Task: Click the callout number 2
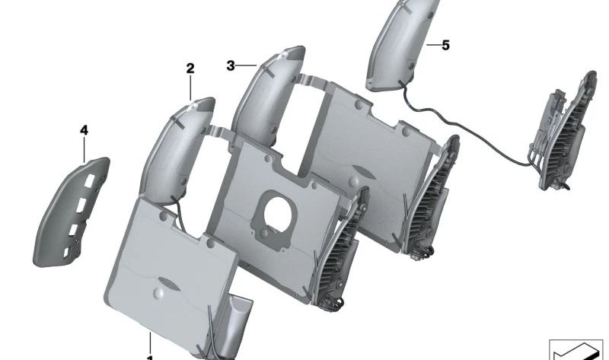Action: [190, 68]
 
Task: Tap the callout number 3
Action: [231, 66]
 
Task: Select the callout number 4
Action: [84, 131]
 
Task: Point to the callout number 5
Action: [445, 46]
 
